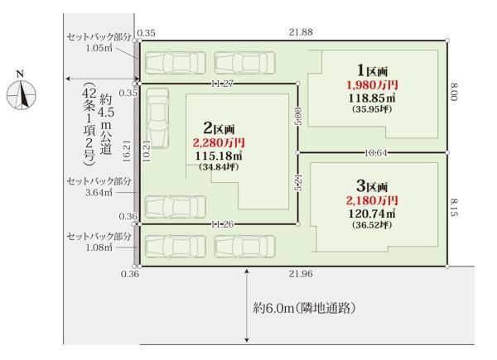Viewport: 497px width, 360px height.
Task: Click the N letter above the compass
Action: tap(20, 74)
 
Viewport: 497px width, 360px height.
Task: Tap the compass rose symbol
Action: tap(22, 95)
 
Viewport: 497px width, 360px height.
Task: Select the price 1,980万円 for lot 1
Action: tap(372, 85)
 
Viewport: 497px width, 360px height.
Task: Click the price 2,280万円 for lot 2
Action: tap(219, 143)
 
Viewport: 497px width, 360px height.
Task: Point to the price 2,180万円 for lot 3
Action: tap(372, 200)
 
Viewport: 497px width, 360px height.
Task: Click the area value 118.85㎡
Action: tap(372, 98)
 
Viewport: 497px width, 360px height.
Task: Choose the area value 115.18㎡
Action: tap(219, 156)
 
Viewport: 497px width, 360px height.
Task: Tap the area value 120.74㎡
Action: tap(372, 214)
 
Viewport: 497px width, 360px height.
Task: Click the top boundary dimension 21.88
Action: tap(301, 32)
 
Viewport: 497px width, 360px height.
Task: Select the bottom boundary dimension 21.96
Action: tap(301, 274)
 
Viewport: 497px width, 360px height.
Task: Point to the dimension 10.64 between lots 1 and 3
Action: tap(376, 153)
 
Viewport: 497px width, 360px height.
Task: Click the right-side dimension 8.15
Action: tap(455, 208)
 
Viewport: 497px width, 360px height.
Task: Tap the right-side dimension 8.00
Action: tap(455, 92)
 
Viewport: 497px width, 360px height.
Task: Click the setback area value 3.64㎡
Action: tap(99, 193)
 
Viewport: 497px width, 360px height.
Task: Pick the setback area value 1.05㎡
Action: tap(99, 48)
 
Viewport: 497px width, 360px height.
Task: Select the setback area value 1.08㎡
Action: tap(99, 247)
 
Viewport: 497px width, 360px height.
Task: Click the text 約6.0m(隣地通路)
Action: tap(304, 308)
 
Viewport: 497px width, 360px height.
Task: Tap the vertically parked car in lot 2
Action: tap(158, 118)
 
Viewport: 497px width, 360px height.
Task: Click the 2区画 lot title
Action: tap(219, 128)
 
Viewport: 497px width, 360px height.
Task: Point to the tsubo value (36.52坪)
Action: tap(372, 225)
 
